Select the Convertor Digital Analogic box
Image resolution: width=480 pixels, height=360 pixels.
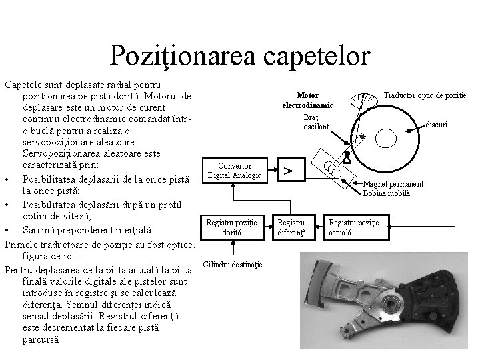229,171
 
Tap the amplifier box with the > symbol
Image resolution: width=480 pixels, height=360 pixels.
289,171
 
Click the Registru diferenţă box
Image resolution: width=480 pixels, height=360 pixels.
291,227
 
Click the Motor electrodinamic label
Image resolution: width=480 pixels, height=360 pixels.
307,101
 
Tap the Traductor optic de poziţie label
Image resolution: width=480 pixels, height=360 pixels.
425,96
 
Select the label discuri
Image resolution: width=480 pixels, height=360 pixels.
437,125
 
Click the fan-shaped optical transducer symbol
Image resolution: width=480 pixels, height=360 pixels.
362,101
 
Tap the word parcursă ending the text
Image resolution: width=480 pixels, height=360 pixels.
39,339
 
